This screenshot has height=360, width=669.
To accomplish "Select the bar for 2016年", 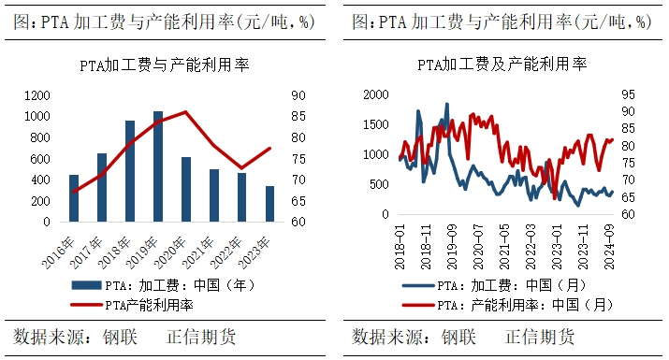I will click(x=74, y=198).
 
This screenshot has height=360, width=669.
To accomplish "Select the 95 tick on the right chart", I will click(x=628, y=94).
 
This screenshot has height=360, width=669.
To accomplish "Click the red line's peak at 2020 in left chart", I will click(x=186, y=112).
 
